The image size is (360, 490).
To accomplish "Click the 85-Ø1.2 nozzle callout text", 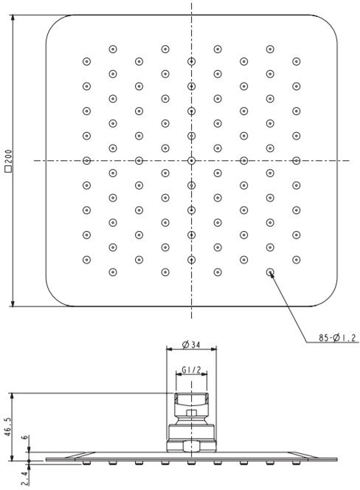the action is click(x=337, y=337).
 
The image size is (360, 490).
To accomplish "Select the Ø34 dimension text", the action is click(x=191, y=345).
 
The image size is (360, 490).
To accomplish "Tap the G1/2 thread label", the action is click(x=191, y=370).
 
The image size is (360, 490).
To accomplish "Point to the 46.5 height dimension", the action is click(x=8, y=427).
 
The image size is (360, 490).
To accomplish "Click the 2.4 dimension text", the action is click(x=26, y=478).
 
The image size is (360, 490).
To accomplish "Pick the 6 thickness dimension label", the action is click(x=26, y=437).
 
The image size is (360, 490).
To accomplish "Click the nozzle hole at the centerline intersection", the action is click(x=191, y=161).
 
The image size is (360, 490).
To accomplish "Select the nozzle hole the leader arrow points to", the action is click(x=270, y=272).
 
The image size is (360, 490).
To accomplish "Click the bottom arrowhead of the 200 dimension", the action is click(x=13, y=303).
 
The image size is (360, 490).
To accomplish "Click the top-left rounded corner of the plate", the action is click(x=54, y=23).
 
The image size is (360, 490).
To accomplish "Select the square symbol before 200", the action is click(x=8, y=169).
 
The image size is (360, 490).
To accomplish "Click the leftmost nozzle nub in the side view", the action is click(x=86, y=463).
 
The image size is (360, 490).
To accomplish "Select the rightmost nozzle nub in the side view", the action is click(x=297, y=463).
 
